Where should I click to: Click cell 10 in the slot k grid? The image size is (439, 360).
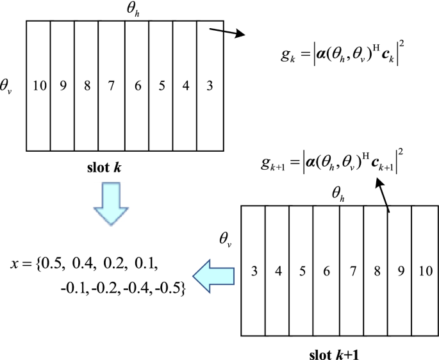click(38, 85)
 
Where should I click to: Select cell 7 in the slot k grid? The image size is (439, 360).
click(112, 85)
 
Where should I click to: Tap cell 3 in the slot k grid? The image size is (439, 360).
click(210, 85)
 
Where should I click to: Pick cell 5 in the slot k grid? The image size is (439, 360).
click(161, 85)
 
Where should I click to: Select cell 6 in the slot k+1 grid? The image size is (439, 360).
click(326, 271)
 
